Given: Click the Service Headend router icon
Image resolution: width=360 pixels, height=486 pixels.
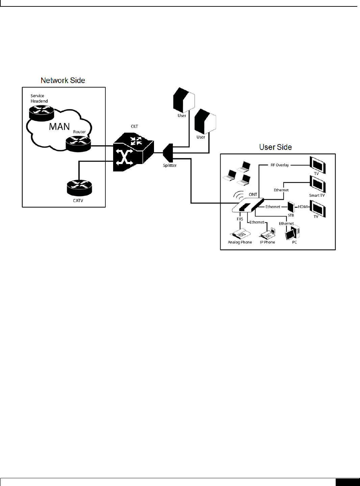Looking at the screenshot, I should [42, 113].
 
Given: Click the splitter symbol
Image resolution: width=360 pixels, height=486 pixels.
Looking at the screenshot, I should [168, 153].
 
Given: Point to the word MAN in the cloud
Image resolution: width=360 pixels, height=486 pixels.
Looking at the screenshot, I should [59, 127].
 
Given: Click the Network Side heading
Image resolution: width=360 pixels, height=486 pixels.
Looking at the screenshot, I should [63, 80].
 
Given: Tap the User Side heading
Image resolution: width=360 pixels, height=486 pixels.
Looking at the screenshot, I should [275, 147].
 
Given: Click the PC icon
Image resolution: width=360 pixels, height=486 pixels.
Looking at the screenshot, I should [292, 233].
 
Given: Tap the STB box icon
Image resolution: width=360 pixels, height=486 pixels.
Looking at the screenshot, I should [291, 207].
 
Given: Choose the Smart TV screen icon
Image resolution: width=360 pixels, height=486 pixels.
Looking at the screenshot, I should [318, 184].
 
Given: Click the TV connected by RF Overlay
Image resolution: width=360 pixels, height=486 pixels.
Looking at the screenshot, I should [318, 164].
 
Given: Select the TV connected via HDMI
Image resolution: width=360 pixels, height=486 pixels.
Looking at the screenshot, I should [318, 209].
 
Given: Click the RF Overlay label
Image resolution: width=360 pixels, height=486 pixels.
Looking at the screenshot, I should [280, 165].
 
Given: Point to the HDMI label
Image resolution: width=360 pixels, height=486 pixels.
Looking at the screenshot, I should [303, 207].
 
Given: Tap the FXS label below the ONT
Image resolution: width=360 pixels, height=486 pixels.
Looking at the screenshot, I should [240, 219].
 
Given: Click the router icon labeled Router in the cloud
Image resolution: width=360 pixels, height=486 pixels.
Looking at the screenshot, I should [78, 143].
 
